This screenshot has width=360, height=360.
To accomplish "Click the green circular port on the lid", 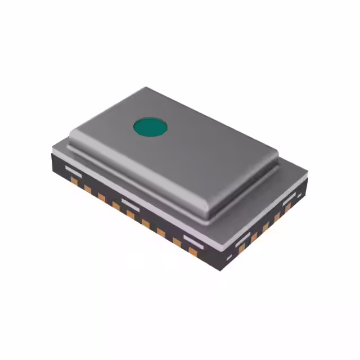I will (x=150, y=127).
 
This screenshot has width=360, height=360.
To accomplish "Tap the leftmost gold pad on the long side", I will (x=74, y=181).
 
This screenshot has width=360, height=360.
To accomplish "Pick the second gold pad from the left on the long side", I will (x=88, y=189).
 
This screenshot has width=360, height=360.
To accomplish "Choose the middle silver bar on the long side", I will (x=130, y=201).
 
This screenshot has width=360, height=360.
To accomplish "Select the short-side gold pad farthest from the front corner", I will (x=288, y=208).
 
